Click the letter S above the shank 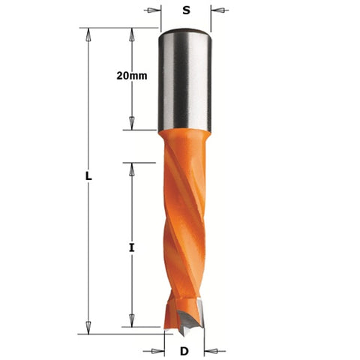click(x=184, y=12)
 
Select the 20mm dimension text click(x=133, y=75)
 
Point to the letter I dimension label click(x=133, y=245)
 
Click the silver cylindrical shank click(x=184, y=82)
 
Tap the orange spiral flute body click(x=184, y=225)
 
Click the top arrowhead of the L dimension click(x=88, y=34)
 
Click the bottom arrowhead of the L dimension click(x=88, y=324)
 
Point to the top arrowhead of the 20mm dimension click(x=133, y=34)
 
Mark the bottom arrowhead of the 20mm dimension click(x=133, y=125)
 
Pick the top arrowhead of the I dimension click(x=133, y=166)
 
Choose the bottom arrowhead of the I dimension click(x=133, y=324)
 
